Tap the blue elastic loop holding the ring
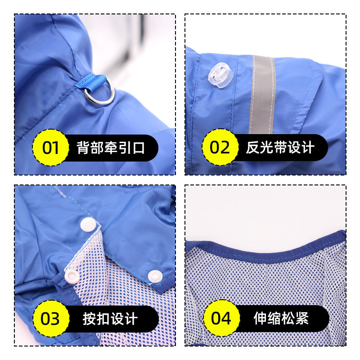point(91,83)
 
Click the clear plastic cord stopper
point(220,75)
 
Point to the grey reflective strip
point(262,94)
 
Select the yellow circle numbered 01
point(51,148)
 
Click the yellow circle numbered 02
point(220,147)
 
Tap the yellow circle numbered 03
point(51,319)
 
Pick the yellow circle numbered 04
point(221,318)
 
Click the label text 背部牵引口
point(111,148)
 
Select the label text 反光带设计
point(280,148)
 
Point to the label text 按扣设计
point(110,319)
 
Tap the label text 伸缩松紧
point(281,318)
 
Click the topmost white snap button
point(88,224)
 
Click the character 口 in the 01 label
point(139,148)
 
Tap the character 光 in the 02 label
point(266,148)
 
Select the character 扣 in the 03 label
point(103,319)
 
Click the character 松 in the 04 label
point(288,318)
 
